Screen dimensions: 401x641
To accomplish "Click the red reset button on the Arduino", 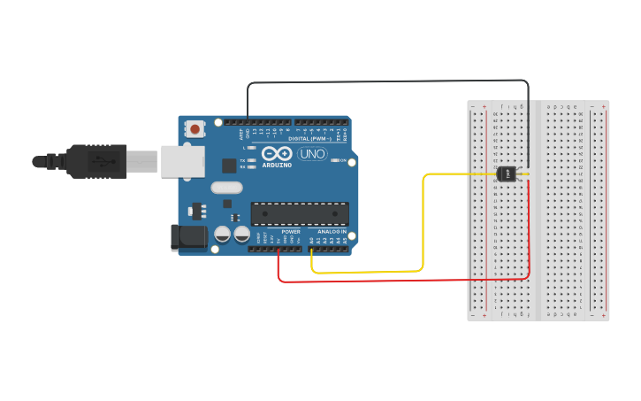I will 194,129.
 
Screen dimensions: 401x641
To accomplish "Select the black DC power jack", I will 187,236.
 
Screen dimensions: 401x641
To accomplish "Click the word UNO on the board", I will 312,154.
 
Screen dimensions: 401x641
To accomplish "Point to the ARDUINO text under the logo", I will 276,165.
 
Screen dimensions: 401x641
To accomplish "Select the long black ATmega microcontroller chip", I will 299,213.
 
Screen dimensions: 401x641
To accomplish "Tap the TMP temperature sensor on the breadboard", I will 507,174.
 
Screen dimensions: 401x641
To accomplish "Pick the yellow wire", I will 423,221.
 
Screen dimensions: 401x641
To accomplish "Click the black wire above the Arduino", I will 389,81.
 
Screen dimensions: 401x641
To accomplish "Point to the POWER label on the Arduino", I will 291,232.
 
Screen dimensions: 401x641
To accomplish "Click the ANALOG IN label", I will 332,232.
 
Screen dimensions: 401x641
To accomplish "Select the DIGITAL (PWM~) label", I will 309,139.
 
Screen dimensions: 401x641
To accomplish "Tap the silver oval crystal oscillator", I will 226,187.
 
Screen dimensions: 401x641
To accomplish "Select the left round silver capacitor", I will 222,235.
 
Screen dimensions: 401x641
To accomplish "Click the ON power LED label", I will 343,160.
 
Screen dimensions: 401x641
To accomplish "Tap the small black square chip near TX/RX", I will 229,165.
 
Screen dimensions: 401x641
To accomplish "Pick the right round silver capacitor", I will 241,235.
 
